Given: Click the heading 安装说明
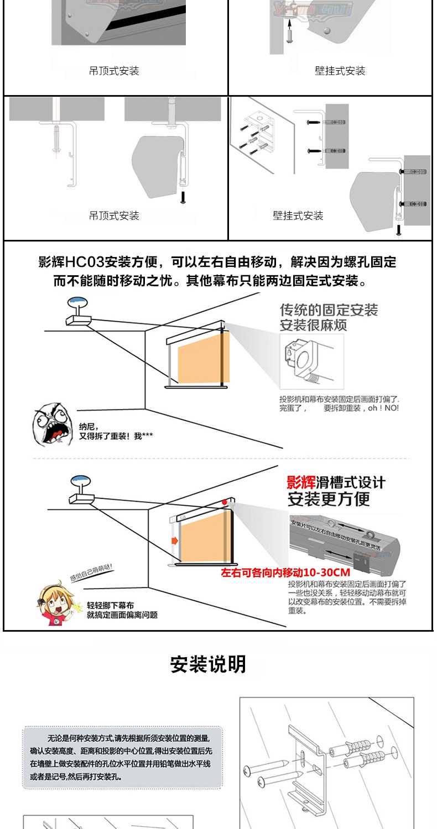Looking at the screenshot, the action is click(208, 664).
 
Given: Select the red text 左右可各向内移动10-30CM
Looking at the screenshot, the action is click(285, 573).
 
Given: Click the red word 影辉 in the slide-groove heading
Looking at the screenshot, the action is click(301, 482).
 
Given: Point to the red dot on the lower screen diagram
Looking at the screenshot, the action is click(224, 502).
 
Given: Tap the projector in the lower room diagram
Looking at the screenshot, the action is click(81, 493).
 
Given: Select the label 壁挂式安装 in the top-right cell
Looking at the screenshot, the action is click(340, 71).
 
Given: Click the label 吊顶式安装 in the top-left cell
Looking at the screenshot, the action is click(114, 71).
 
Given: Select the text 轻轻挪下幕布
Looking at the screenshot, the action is click(110, 605).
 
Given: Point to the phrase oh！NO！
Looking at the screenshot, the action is click(383, 408).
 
